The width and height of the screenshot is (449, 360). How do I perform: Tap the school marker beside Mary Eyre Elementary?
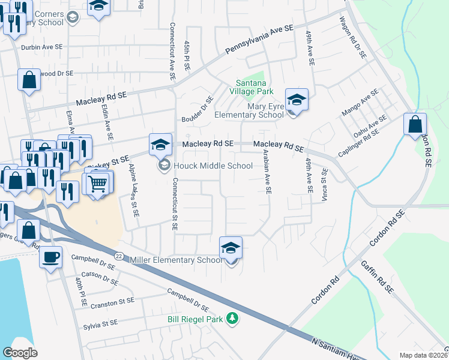click(x=296, y=100)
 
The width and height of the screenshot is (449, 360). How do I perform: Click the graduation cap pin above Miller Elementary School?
click(x=231, y=248)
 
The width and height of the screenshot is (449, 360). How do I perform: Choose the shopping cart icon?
click(x=98, y=183)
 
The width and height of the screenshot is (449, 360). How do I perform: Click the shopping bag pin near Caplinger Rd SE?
click(x=415, y=125)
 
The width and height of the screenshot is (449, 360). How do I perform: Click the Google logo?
click(x=20, y=353)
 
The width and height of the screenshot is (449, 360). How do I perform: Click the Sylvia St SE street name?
click(x=101, y=323)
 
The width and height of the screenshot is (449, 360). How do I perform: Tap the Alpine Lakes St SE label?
click(x=135, y=190)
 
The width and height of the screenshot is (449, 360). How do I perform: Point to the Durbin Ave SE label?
click(x=41, y=47)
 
